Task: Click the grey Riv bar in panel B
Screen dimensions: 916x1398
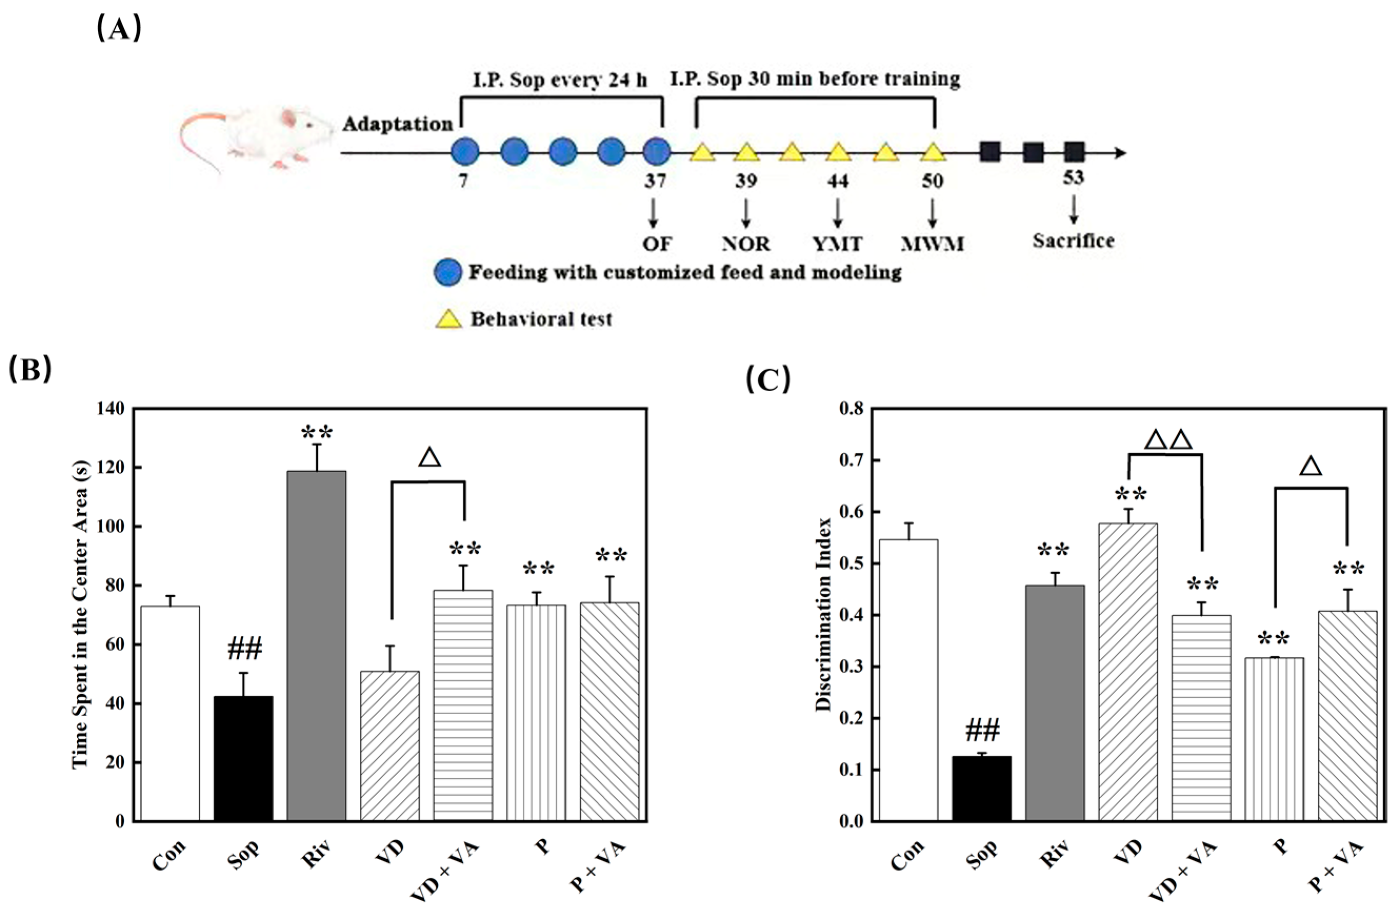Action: coord(317,646)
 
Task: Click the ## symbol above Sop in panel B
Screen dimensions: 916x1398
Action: coord(244,649)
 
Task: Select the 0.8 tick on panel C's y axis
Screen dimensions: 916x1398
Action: coord(851,409)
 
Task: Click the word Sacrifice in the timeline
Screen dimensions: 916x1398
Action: coord(1073,241)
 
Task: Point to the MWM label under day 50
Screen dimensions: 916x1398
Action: coord(932,243)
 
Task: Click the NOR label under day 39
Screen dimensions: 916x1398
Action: coord(746,243)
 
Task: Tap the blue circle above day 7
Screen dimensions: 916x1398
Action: coord(465,151)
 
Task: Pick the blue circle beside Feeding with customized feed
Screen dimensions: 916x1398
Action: coord(448,273)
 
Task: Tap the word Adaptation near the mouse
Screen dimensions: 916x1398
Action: coord(398,125)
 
